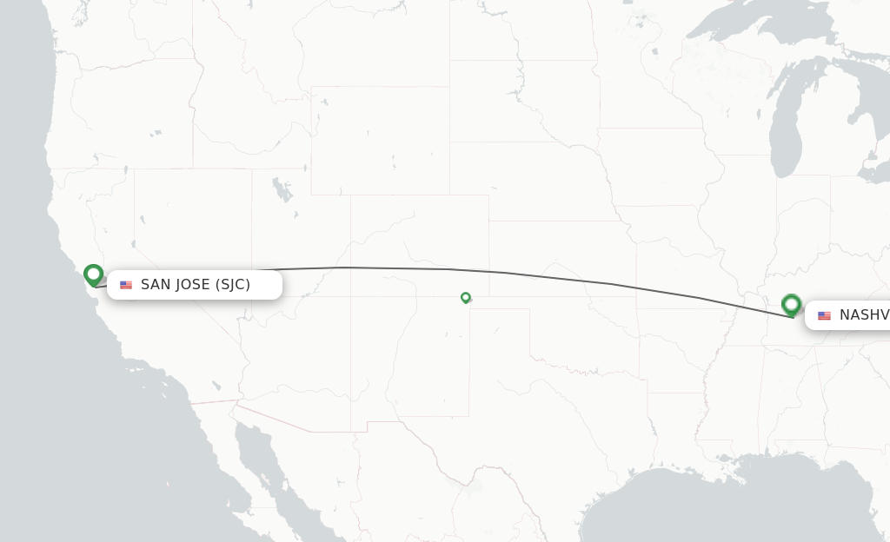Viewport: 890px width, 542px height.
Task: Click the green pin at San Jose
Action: [93, 274]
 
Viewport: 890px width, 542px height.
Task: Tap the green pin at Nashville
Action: [791, 304]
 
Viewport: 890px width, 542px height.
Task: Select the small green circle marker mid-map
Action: [466, 297]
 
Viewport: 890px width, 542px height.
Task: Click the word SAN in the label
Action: [156, 285]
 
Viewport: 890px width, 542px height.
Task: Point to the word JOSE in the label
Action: [194, 285]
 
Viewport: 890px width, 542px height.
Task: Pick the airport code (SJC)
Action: [233, 285]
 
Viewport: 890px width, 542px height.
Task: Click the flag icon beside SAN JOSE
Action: [126, 285]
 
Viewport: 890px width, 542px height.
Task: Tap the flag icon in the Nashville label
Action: [824, 315]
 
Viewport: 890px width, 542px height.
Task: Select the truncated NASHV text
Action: [864, 315]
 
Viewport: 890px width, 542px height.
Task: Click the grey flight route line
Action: [521, 274]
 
